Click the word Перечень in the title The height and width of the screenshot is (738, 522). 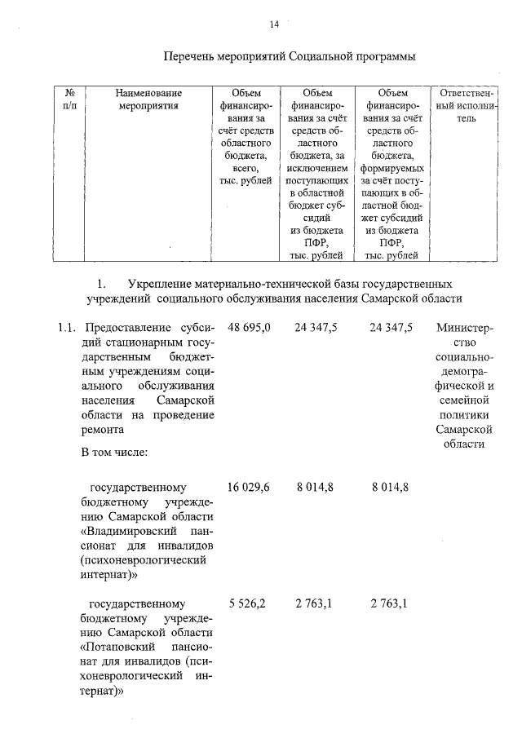click(x=188, y=57)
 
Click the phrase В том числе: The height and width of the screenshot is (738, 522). click(x=113, y=452)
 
